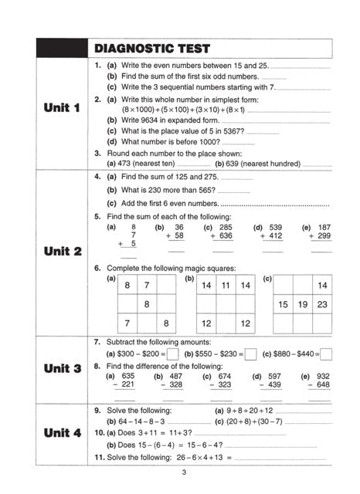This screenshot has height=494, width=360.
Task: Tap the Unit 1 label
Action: [x=63, y=108]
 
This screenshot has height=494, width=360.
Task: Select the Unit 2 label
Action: [x=63, y=251]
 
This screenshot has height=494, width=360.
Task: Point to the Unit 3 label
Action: [x=63, y=368]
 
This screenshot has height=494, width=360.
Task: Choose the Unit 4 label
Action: [x=63, y=433]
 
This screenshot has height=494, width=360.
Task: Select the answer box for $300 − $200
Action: [x=173, y=354]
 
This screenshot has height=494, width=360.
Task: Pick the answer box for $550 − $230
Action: [x=250, y=354]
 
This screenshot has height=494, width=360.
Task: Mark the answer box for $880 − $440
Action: [x=326, y=354]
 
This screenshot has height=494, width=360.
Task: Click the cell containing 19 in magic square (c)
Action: [x=303, y=305]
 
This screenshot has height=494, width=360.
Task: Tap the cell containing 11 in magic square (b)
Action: [x=226, y=286]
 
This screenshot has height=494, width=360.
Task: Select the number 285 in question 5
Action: [x=225, y=228]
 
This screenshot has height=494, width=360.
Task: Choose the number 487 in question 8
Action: [x=175, y=376]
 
